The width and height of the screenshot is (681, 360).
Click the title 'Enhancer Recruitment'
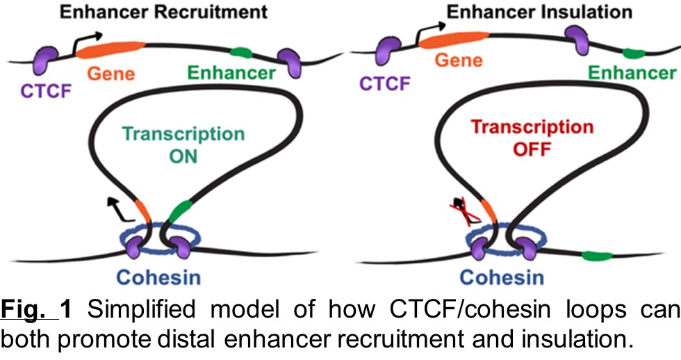[163, 12]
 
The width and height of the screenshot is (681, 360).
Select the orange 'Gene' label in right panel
[459, 60]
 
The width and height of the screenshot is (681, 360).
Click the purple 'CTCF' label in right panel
[384, 84]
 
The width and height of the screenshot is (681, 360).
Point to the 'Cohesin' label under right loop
[502, 278]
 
